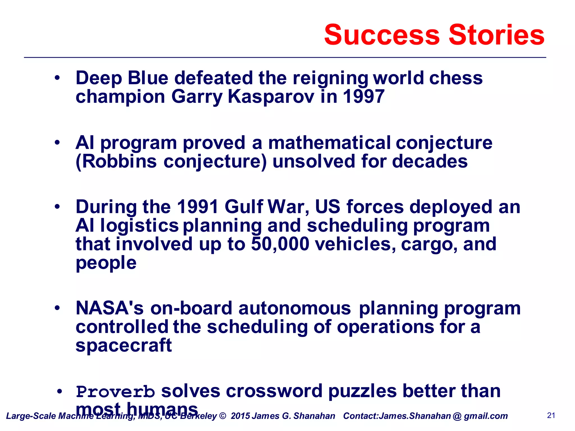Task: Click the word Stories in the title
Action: click(x=496, y=35)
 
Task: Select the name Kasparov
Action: click(x=271, y=97)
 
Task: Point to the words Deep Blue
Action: click(x=122, y=78)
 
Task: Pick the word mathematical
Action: click(x=329, y=143)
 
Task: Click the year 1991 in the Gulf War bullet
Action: click(x=198, y=207)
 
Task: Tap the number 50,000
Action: click(x=280, y=244)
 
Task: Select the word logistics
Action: click(x=140, y=226)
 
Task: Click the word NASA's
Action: click(x=109, y=308)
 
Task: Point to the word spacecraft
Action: click(x=124, y=345)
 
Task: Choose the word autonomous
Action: click(x=295, y=308)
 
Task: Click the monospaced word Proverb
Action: click(x=115, y=392)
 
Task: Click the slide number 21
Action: click(x=551, y=416)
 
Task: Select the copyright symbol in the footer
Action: click(x=222, y=416)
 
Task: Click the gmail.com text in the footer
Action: click(x=486, y=416)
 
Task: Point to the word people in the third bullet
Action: click(x=106, y=263)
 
